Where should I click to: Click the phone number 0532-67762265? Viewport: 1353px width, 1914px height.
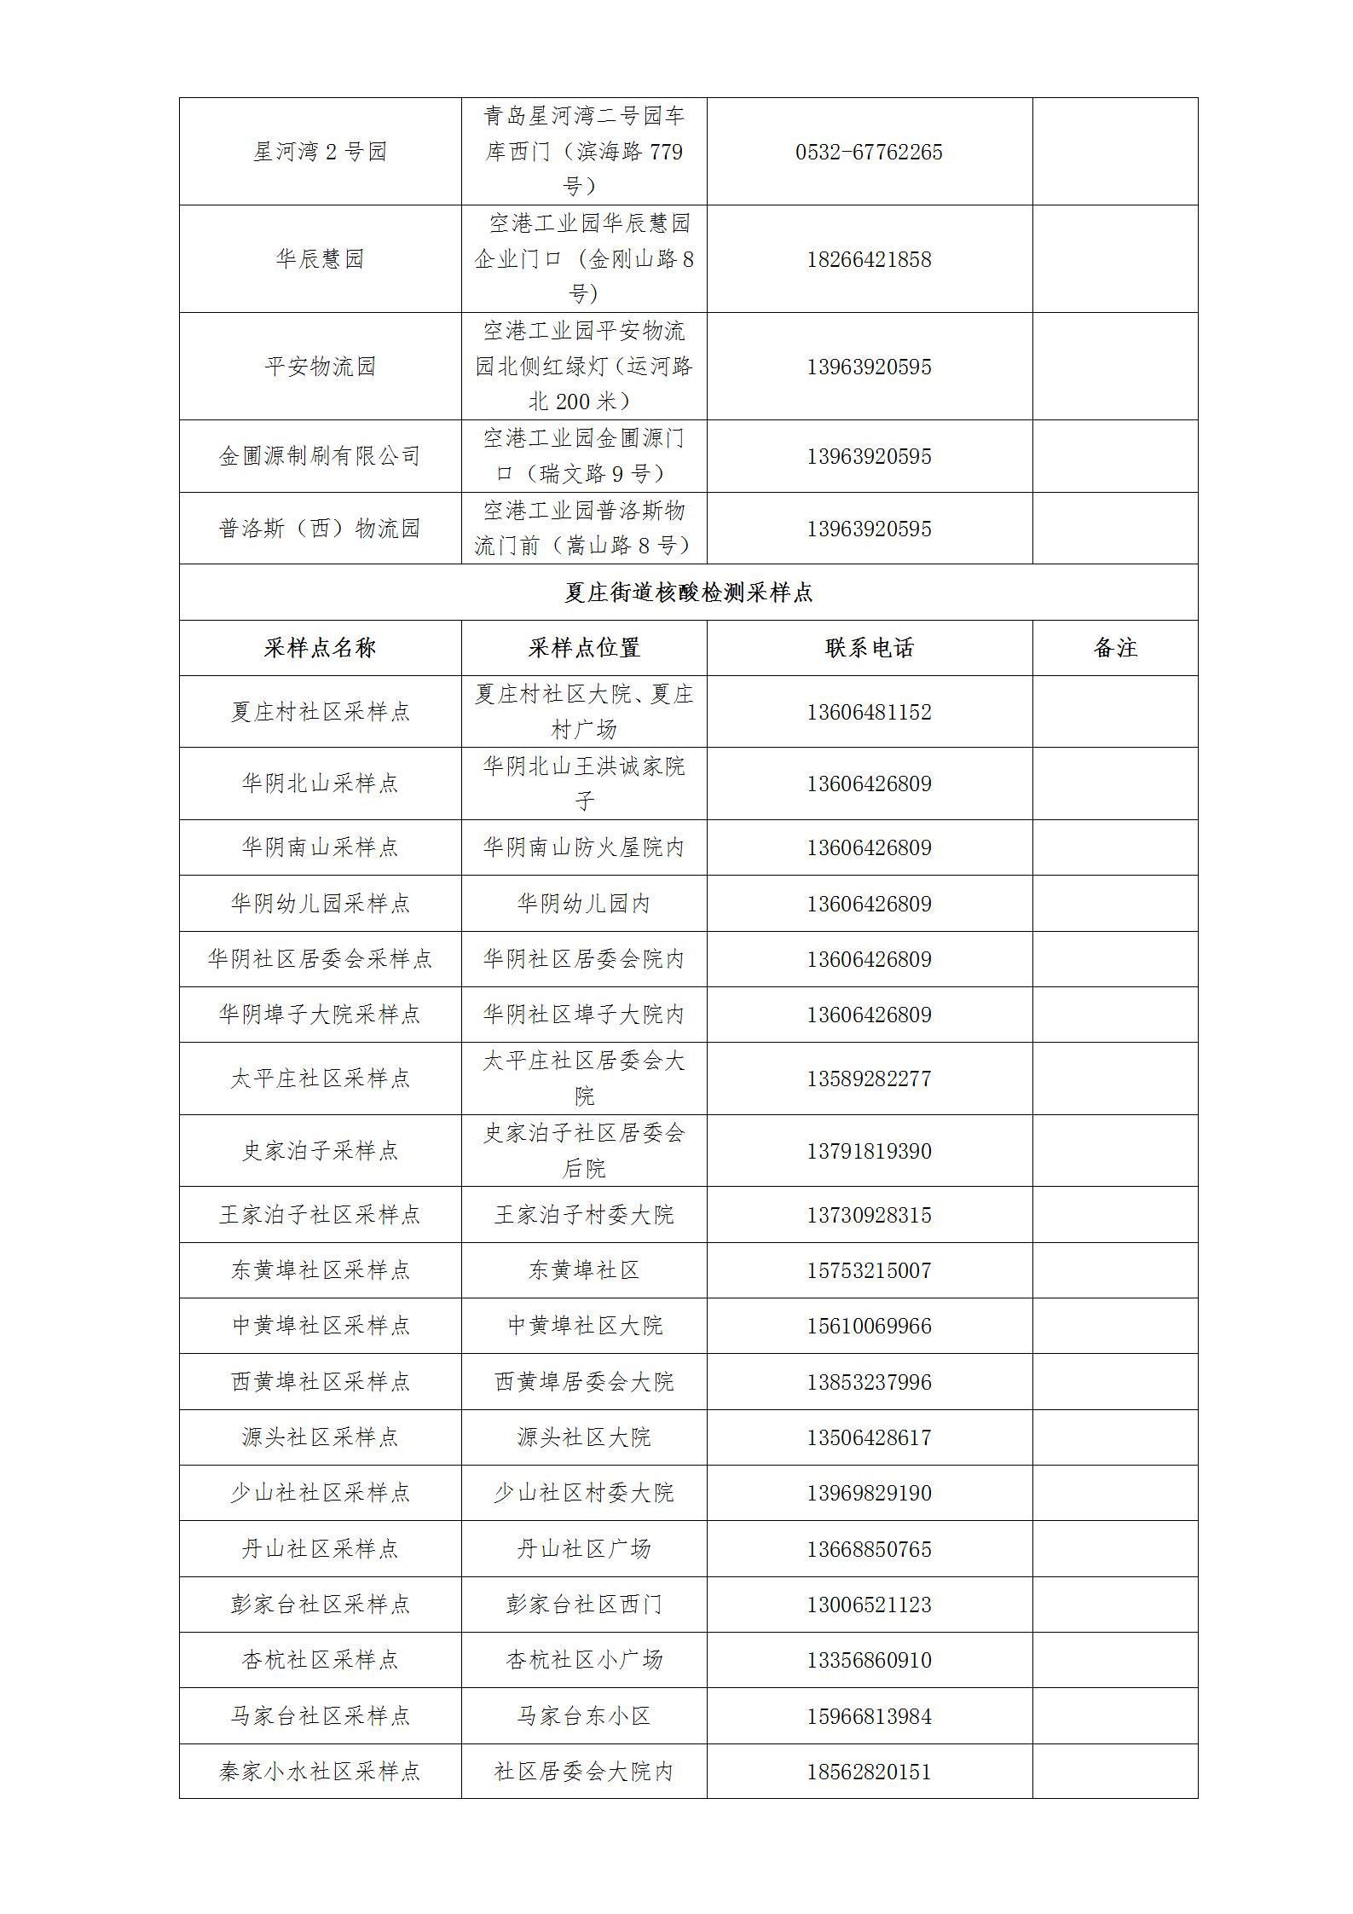tap(869, 153)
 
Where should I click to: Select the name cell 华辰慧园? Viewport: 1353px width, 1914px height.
tap(320, 259)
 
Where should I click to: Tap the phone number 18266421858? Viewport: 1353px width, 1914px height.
tap(869, 259)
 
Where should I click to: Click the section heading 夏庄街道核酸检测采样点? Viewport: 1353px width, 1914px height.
tap(688, 593)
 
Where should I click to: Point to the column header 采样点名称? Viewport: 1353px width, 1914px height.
tap(320, 648)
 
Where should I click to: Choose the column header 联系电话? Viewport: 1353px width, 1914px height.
tap(869, 648)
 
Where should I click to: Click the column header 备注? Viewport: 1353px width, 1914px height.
tap(1114, 648)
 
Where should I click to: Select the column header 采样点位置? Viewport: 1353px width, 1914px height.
tap(584, 648)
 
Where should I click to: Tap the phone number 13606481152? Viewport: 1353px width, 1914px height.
tap(869, 712)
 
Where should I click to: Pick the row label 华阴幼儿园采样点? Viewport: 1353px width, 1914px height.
tap(320, 903)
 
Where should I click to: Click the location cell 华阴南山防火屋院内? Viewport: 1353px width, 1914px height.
tap(584, 847)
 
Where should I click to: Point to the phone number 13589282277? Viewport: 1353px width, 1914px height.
tap(869, 1078)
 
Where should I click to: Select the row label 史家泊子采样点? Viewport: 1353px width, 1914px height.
tap(320, 1151)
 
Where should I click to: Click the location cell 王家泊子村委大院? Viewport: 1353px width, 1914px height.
tap(584, 1215)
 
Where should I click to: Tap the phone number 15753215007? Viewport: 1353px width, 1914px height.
tap(869, 1270)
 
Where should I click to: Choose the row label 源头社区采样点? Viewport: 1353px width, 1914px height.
tap(320, 1437)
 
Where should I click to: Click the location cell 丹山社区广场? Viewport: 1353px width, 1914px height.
tap(584, 1549)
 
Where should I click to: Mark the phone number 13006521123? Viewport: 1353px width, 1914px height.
tap(869, 1605)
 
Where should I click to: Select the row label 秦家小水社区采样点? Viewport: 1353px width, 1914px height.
tap(320, 1772)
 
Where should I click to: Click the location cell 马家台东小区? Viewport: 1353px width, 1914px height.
tap(584, 1716)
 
